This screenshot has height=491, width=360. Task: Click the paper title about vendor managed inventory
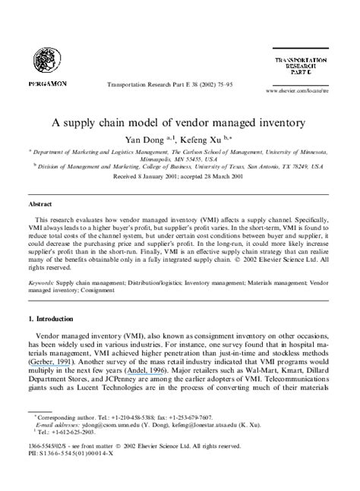178,121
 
